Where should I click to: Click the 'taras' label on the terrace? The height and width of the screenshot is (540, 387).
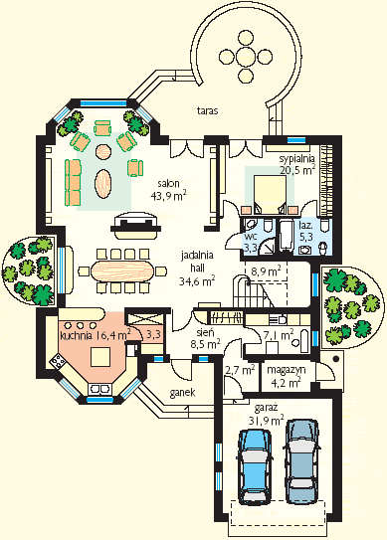[208, 111]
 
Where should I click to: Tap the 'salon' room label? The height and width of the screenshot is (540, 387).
[168, 183]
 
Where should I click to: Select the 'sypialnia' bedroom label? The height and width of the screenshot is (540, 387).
[296, 159]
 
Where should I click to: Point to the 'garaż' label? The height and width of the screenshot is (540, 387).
[266, 409]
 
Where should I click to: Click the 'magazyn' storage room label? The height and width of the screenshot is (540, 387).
[287, 370]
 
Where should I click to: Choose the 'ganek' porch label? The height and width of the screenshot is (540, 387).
[183, 393]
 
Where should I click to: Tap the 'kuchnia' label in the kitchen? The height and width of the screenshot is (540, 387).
[76, 335]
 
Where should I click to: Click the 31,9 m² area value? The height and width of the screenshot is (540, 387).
[266, 421]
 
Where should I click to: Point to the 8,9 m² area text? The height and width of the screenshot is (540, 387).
[266, 271]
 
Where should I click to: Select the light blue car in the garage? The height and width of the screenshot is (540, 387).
[255, 466]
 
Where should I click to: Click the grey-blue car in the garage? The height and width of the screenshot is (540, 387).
[302, 461]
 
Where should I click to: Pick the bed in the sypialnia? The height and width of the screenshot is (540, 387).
[271, 195]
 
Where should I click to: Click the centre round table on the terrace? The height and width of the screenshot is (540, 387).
[247, 56]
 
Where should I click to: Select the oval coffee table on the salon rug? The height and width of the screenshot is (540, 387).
[103, 183]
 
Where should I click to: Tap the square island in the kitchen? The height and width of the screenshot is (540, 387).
[100, 356]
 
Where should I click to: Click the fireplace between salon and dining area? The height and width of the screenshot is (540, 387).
[135, 226]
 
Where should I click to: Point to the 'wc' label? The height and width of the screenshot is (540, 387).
[249, 237]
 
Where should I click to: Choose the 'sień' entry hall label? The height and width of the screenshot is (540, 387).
[205, 333]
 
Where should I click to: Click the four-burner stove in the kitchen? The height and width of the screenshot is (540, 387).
[58, 361]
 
